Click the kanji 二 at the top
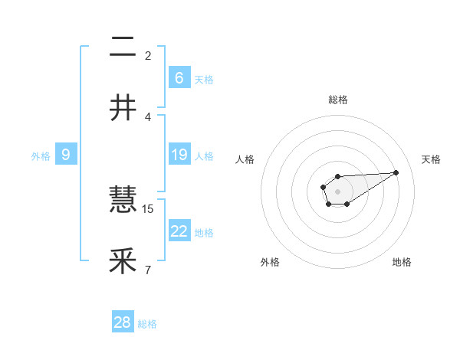123,47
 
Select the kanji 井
123,107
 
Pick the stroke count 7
148,270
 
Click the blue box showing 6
179,77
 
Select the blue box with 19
179,155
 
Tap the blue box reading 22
179,231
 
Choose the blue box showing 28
123,322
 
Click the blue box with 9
66,155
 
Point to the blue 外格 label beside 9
41,155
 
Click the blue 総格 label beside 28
147,324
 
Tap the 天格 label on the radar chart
432,159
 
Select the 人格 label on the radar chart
245,159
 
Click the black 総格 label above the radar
337,100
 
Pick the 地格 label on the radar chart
402,262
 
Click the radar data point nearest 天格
396,172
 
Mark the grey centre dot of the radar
337,191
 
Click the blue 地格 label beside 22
204,232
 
